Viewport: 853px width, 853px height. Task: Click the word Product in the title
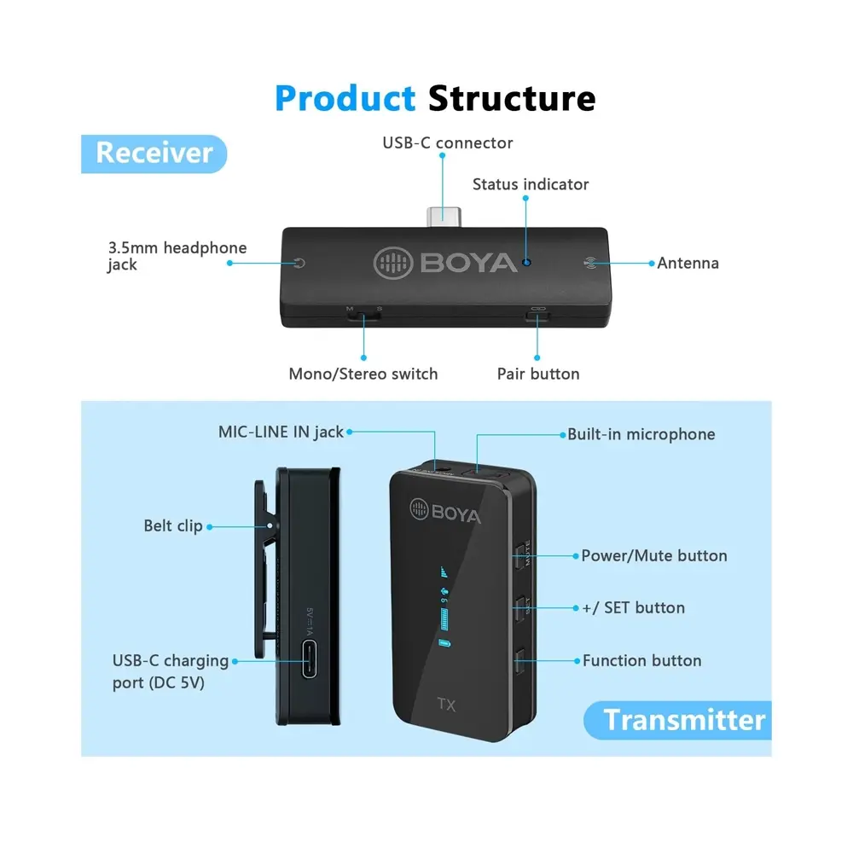[x=345, y=98]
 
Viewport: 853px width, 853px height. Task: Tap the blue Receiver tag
[x=154, y=153]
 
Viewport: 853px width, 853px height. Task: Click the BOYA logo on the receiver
[x=446, y=262]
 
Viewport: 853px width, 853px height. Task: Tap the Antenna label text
[x=688, y=263]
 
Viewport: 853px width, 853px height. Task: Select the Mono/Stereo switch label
[x=363, y=374]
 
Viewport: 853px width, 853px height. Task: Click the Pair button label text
[x=538, y=374]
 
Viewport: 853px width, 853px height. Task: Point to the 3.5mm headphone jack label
[x=177, y=256]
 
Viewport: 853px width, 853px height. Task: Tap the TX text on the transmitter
[x=446, y=705]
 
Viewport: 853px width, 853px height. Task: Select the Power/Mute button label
[x=654, y=555]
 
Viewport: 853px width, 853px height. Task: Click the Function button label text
[x=641, y=660]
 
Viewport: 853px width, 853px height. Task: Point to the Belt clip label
[x=173, y=525]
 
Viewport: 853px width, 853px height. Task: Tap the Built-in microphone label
[x=641, y=434]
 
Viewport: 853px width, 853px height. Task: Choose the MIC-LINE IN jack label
[x=281, y=432]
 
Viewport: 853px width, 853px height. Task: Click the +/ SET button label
[x=633, y=607]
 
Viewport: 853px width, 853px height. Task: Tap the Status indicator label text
[x=531, y=184]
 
